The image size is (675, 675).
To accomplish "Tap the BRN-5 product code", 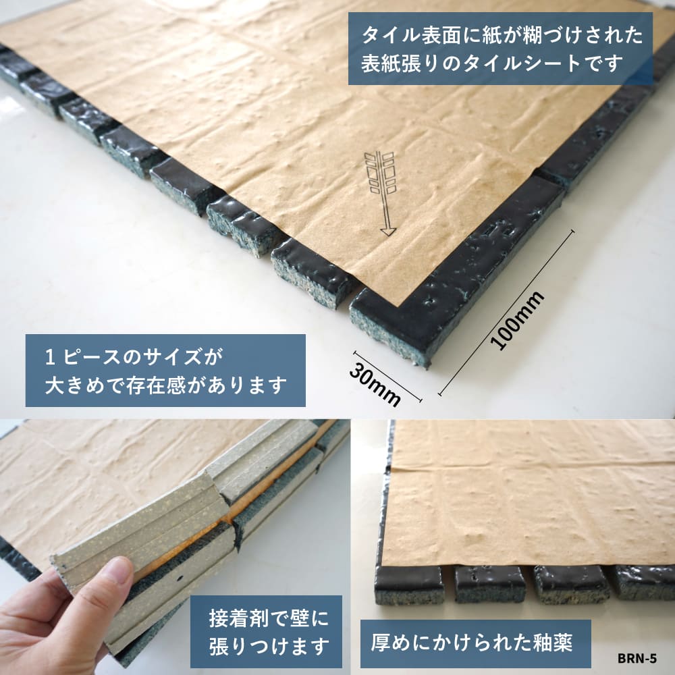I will [637, 658].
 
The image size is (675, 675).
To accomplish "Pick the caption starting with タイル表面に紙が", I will [500, 49].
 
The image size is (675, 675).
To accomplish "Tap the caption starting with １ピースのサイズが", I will [165, 370].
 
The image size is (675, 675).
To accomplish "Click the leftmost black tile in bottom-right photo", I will [408, 583].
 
